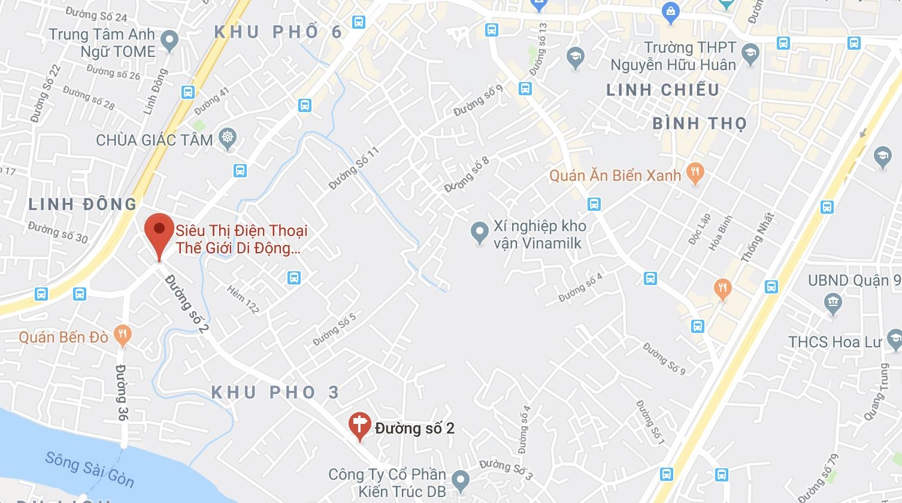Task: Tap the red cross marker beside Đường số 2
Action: coord(359,425)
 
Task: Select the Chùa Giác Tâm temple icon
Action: coord(228,139)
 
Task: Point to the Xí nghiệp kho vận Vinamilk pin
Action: coord(479,232)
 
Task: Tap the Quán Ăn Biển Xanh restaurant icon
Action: coord(695,174)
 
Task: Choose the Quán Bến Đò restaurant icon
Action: coord(123,335)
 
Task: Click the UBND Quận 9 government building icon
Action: coord(833,303)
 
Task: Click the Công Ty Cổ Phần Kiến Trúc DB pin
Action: coord(460,478)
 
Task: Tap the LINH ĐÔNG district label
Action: coord(83,204)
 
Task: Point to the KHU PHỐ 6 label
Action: coord(278,32)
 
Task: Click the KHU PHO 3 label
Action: coord(276,393)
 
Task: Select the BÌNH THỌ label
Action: coord(700,123)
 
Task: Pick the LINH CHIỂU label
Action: coord(663,90)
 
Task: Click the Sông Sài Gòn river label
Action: coord(90,469)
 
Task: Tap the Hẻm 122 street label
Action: coord(243,299)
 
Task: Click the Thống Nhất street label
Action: coord(757,238)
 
